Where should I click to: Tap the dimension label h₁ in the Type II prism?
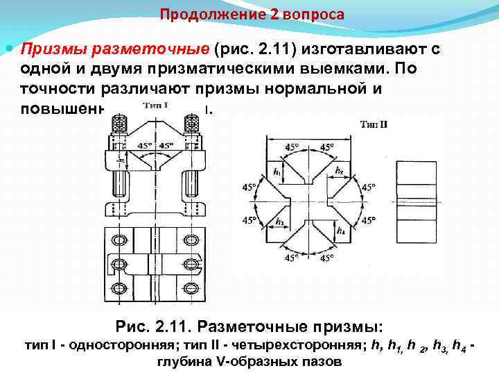pos(278,172)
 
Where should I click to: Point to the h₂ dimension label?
pos(338,170)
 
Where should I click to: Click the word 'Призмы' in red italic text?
pos(49,49)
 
